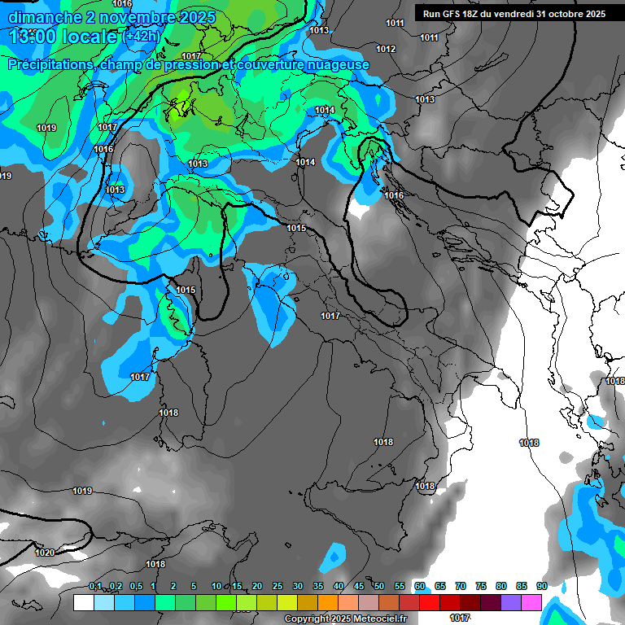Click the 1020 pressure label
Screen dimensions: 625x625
click(x=45, y=553)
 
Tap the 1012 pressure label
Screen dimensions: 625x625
click(x=386, y=50)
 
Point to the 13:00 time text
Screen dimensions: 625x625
click(x=34, y=37)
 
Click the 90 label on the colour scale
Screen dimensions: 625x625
click(x=542, y=587)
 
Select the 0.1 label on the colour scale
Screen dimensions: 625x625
click(x=95, y=587)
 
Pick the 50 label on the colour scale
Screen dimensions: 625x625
click(x=379, y=587)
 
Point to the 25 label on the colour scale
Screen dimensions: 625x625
click(x=278, y=587)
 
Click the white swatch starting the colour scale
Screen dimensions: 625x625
click(x=83, y=602)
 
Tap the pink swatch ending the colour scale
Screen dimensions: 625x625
click(x=532, y=602)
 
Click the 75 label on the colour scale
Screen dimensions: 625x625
click(x=481, y=587)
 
